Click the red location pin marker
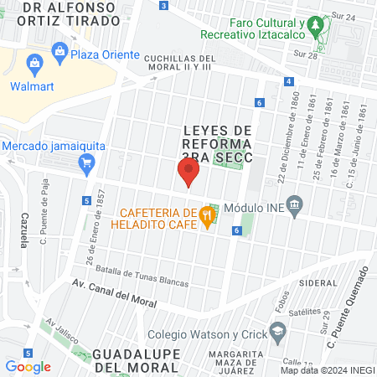coord(188,173)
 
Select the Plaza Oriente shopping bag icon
coord(59,54)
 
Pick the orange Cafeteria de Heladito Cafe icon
coord(207,215)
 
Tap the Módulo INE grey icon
coord(294,205)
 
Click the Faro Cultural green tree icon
coord(315,28)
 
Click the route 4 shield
coord(288,81)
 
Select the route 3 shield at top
coord(163,5)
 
